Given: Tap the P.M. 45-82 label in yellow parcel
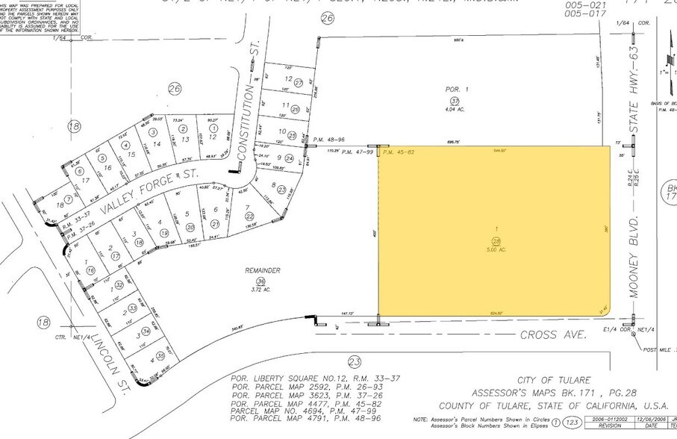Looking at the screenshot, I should (x=399, y=152).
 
